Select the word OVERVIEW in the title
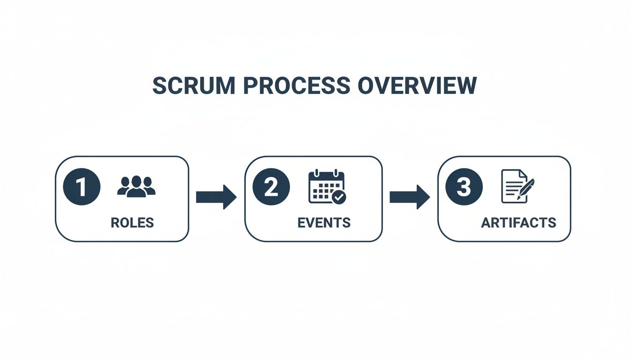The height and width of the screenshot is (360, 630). [417, 86]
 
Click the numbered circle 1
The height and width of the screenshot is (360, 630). [81, 187]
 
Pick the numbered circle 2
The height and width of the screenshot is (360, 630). [271, 187]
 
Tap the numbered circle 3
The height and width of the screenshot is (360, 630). [464, 187]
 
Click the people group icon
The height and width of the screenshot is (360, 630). [136, 187]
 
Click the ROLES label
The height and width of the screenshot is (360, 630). [132, 223]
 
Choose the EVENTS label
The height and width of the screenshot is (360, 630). [324, 223]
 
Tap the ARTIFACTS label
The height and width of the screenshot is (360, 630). [518, 223]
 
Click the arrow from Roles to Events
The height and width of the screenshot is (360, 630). [216, 197]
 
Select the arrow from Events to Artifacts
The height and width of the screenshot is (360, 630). [409, 197]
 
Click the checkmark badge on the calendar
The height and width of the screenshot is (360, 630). [338, 197]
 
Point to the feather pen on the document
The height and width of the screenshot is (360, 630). [527, 188]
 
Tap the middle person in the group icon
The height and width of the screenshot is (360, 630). [136, 187]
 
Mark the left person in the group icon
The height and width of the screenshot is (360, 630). [124, 187]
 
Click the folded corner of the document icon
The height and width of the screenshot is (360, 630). [523, 174]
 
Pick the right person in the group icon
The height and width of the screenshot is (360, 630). [149, 187]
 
